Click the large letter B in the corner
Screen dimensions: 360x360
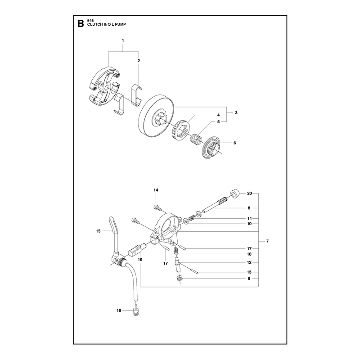point(81,24)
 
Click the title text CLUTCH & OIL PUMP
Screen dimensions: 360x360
point(107,24)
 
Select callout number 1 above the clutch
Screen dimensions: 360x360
point(123,40)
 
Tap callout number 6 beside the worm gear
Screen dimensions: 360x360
point(234,143)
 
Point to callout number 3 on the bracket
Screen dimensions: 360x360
point(236,113)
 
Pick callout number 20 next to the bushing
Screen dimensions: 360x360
point(250,193)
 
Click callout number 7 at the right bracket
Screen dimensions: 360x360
point(267,241)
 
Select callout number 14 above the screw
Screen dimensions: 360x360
point(156,190)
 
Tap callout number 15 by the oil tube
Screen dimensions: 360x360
point(98,231)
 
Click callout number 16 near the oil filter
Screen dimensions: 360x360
point(119,310)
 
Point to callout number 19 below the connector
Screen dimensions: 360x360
point(140,260)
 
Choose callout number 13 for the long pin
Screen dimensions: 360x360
point(249,272)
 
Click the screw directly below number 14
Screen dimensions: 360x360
point(157,207)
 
